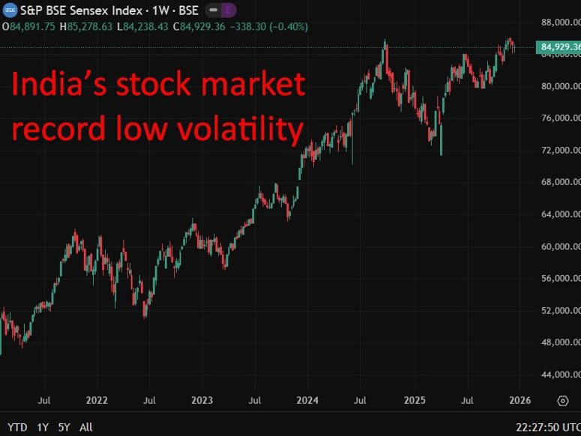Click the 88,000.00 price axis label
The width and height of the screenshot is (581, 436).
561,22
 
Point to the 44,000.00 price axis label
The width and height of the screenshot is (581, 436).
561,375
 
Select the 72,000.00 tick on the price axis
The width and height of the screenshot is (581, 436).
561,151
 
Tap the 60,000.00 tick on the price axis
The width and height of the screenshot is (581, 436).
561,246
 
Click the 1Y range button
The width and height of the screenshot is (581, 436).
43,427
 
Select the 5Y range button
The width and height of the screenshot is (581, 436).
64,427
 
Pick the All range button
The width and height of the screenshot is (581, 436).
86,427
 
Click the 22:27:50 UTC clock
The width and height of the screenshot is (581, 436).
547,427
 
